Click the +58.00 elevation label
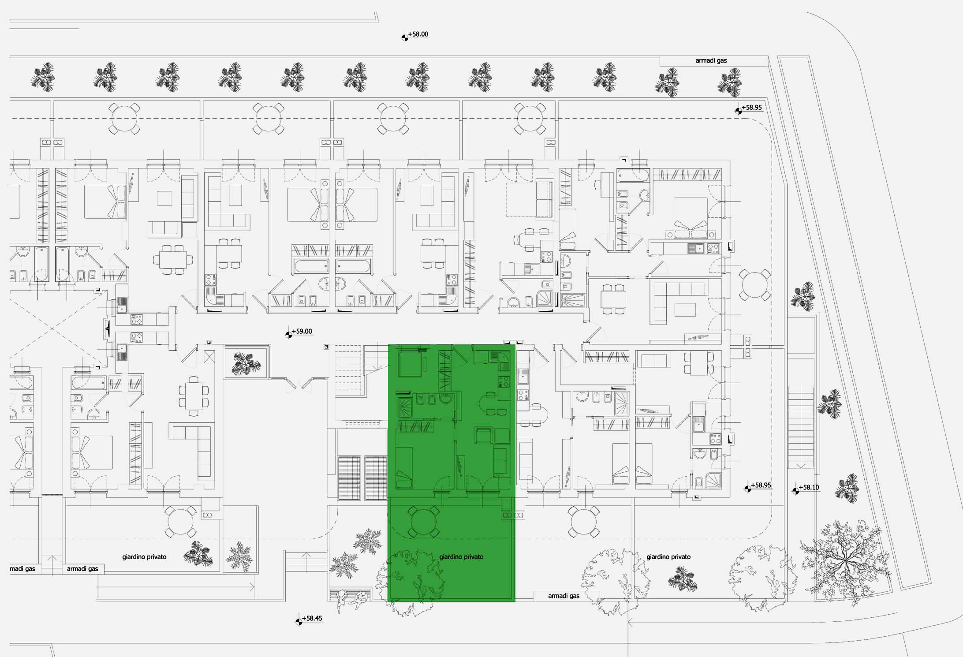418,34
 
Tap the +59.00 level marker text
302,331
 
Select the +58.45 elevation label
312,618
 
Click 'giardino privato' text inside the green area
461,557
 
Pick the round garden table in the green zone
423,522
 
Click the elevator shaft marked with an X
209,356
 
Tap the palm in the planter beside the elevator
246,363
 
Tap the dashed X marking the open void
52,328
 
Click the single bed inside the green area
404,468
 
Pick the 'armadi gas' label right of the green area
564,596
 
